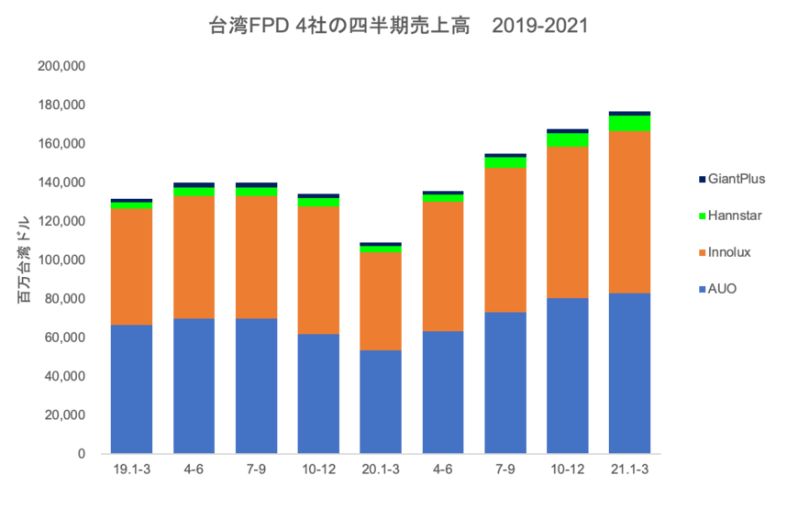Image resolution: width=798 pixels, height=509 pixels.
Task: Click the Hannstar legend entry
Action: click(734, 216)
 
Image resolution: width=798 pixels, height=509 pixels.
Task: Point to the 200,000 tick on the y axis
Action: click(61, 67)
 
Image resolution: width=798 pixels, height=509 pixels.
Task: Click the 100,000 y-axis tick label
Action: click(61, 260)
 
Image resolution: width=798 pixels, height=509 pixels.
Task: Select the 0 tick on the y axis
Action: click(82, 454)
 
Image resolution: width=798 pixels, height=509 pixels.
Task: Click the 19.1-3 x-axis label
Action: click(131, 470)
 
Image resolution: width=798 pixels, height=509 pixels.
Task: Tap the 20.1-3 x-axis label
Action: click(381, 470)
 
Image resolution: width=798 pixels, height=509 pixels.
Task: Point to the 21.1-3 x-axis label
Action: click(630, 470)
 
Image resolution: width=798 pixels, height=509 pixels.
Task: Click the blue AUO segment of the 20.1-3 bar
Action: click(381, 402)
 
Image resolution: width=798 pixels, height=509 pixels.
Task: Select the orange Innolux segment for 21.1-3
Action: click(630, 213)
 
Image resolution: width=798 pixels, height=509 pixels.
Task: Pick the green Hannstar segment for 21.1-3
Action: click(630, 124)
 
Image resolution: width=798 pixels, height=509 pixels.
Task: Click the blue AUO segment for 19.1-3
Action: click(131, 389)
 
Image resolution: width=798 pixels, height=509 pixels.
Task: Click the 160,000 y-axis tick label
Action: click(61, 144)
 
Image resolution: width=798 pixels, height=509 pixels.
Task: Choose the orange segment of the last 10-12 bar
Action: click(568, 222)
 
